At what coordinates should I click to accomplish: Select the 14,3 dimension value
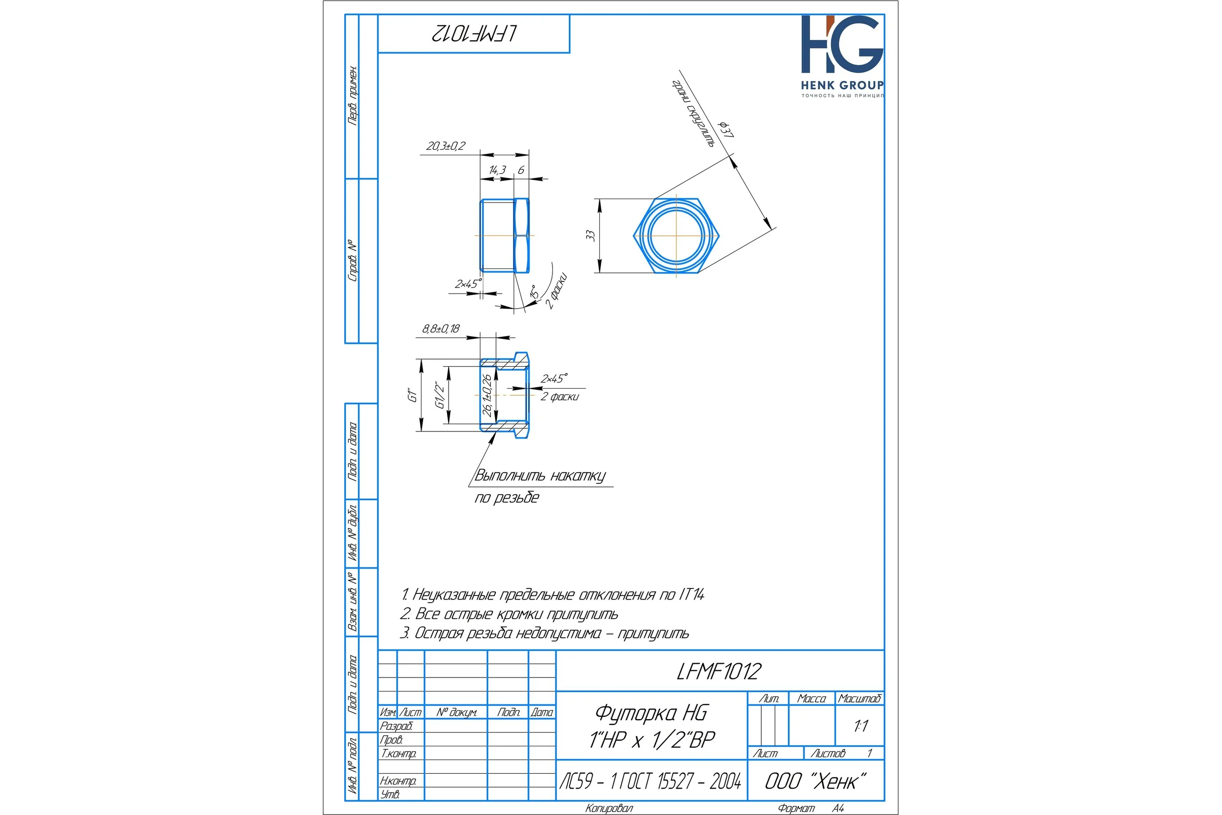[497, 170]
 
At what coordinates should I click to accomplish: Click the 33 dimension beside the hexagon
[590, 235]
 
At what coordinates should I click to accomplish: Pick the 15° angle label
[534, 292]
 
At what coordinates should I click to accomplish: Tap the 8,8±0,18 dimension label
[441, 329]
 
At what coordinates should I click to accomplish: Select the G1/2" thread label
[439, 396]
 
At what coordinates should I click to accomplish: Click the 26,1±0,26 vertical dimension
[487, 395]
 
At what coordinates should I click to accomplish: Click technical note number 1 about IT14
[553, 594]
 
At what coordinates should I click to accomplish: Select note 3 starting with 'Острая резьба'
[544, 633]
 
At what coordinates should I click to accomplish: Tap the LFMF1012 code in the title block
[719, 671]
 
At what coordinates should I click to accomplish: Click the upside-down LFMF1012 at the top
[474, 34]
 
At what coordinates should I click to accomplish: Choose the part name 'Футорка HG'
[651, 713]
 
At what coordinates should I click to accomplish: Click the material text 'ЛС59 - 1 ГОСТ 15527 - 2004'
[651, 781]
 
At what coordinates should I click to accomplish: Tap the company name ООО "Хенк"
[816, 781]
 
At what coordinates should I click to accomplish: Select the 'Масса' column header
[812, 698]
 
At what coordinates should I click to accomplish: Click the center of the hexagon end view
[677, 235]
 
